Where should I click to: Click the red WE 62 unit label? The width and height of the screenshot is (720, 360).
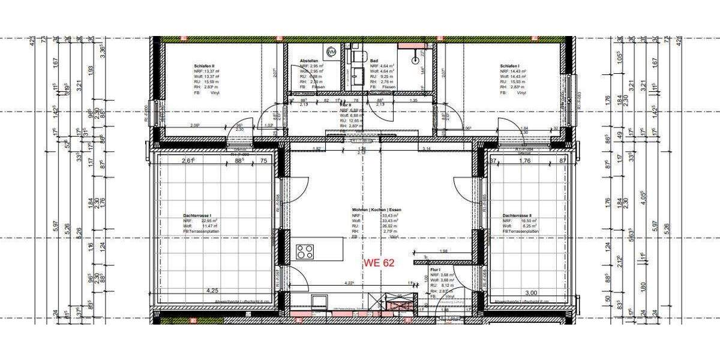tap(379, 262)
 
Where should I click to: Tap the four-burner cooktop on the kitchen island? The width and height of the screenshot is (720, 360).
tap(305, 251)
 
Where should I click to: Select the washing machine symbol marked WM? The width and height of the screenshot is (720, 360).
tap(331, 52)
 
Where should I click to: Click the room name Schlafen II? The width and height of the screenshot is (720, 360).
tap(205, 66)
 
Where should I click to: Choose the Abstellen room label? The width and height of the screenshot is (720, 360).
tap(309, 61)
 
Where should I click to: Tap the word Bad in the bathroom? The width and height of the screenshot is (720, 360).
tap(373, 61)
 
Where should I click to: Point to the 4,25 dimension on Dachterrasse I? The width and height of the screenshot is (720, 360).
tap(212, 290)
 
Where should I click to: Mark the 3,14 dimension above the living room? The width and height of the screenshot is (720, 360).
tap(427, 148)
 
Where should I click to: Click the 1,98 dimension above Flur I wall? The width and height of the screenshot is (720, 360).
tap(443, 251)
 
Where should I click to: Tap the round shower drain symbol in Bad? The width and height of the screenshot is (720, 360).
tap(415, 60)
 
